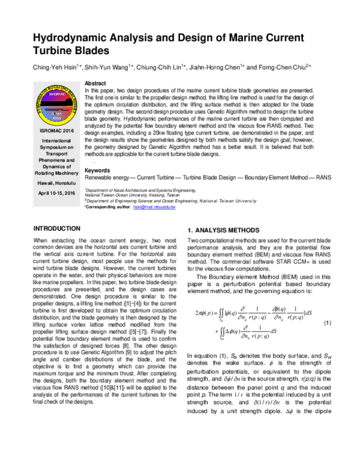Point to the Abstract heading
[x=96, y=82]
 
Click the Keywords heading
[x=98, y=171]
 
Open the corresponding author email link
[x=154, y=206]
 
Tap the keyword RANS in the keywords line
[x=323, y=178]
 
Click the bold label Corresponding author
[x=107, y=206]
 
